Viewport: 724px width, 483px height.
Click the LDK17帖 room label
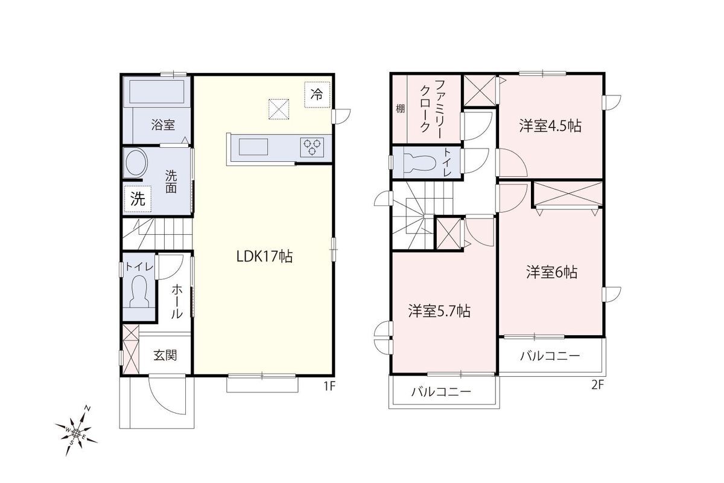coord(265,257)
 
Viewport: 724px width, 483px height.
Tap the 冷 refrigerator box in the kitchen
coord(317,94)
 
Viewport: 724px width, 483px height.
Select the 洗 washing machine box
coord(138,199)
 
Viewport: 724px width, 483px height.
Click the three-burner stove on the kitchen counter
coord(312,147)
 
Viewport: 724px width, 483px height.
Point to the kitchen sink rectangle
coord(253,147)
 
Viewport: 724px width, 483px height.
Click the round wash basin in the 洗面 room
coord(136,163)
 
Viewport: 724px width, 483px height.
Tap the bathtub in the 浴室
coord(157,92)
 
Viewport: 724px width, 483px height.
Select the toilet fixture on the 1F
coord(139,292)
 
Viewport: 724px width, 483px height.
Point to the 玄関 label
coord(165,356)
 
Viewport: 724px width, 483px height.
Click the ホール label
coord(177,301)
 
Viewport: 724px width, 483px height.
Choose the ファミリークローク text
coord(431,109)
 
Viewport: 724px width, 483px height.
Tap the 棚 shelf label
coord(401,109)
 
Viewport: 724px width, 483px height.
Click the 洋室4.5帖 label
coord(550,126)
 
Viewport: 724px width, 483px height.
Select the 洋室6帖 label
coord(551,272)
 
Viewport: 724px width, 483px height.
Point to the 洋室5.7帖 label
coord(439,311)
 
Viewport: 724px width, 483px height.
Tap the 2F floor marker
coord(598,385)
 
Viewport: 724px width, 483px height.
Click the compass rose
coord(76,432)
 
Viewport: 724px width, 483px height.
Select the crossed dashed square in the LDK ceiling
coord(279,109)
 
